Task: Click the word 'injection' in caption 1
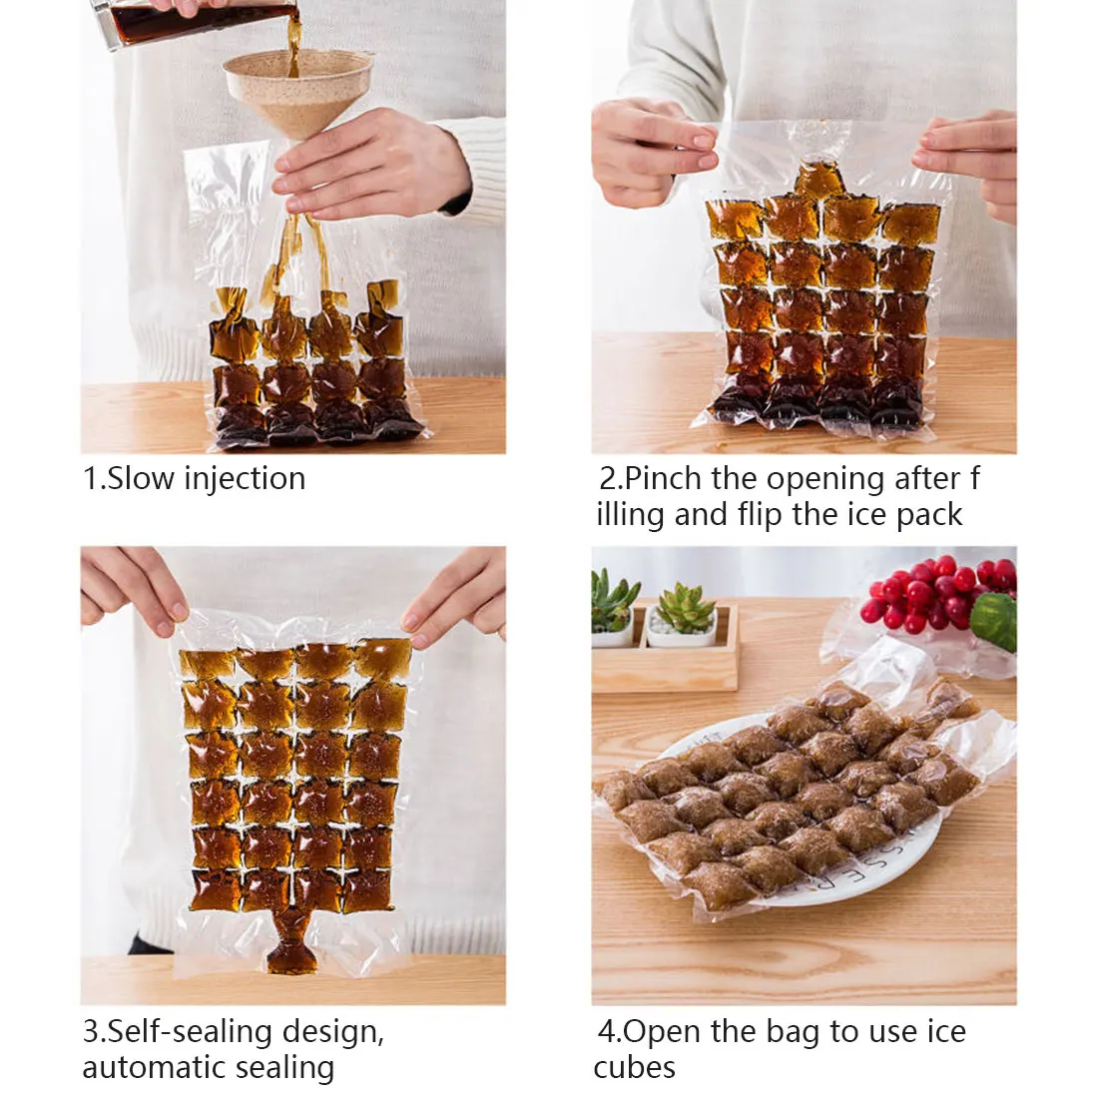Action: (245, 479)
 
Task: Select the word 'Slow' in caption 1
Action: (141, 479)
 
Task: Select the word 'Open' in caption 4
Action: (665, 1031)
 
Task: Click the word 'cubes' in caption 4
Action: (635, 1067)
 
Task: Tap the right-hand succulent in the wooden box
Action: (685, 609)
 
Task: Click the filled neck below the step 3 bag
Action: (292, 944)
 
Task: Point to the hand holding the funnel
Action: (369, 165)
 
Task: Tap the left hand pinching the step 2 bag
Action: (649, 150)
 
